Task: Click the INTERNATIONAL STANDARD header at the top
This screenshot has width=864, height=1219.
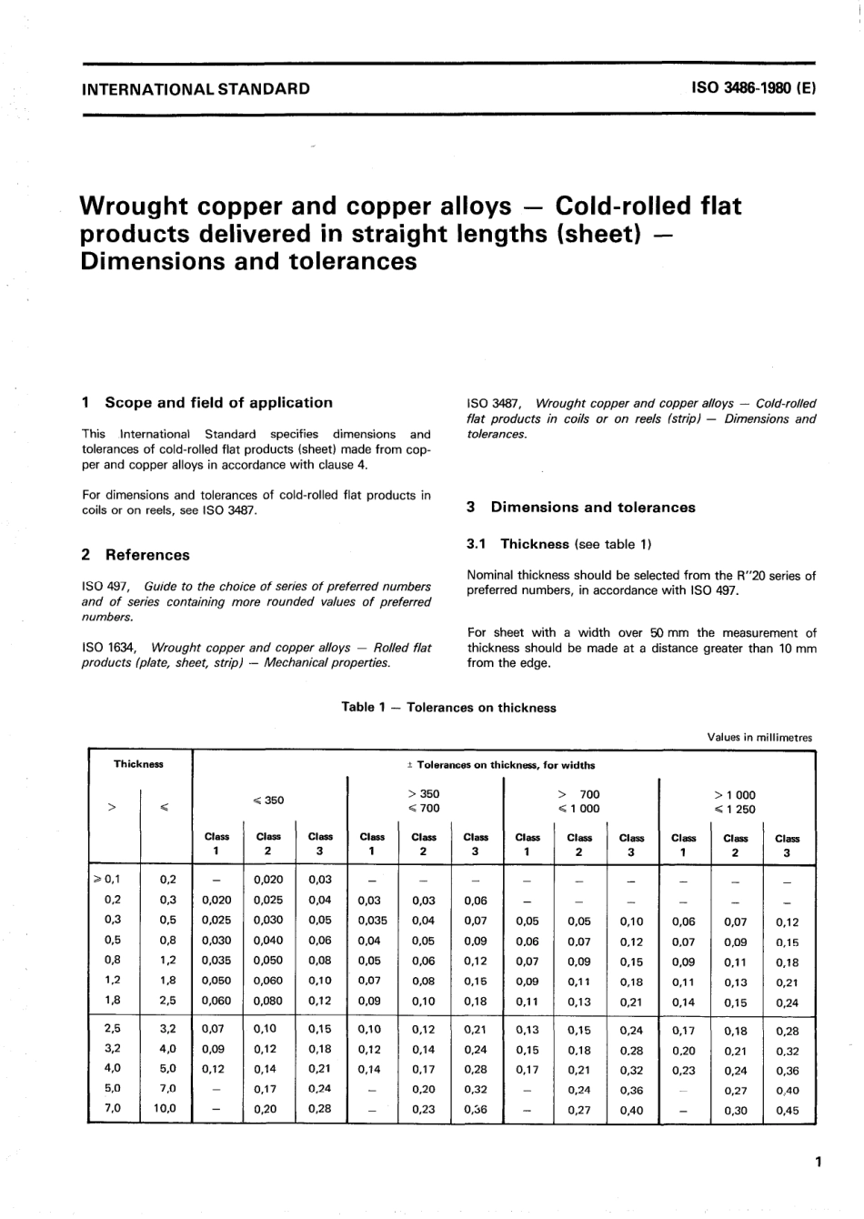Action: point(196,89)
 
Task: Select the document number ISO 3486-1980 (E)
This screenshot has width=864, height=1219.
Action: point(754,89)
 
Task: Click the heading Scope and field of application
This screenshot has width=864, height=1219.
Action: point(218,402)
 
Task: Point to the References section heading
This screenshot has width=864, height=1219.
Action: point(147,555)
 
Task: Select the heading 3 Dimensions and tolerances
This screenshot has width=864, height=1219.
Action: point(593,508)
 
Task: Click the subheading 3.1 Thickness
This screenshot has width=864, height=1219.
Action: point(534,544)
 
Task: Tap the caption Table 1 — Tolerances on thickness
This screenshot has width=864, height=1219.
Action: point(448,708)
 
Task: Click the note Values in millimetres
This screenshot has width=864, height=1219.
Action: point(759,738)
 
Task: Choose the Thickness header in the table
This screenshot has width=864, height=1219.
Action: point(138,764)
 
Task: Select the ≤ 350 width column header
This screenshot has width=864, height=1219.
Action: point(268,801)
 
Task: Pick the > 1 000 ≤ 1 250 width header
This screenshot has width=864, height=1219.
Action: point(735,801)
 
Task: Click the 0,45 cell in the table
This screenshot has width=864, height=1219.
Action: point(787,1110)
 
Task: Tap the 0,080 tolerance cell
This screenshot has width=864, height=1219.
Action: point(268,1001)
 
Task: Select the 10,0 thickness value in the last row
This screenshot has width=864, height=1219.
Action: point(166,1109)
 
